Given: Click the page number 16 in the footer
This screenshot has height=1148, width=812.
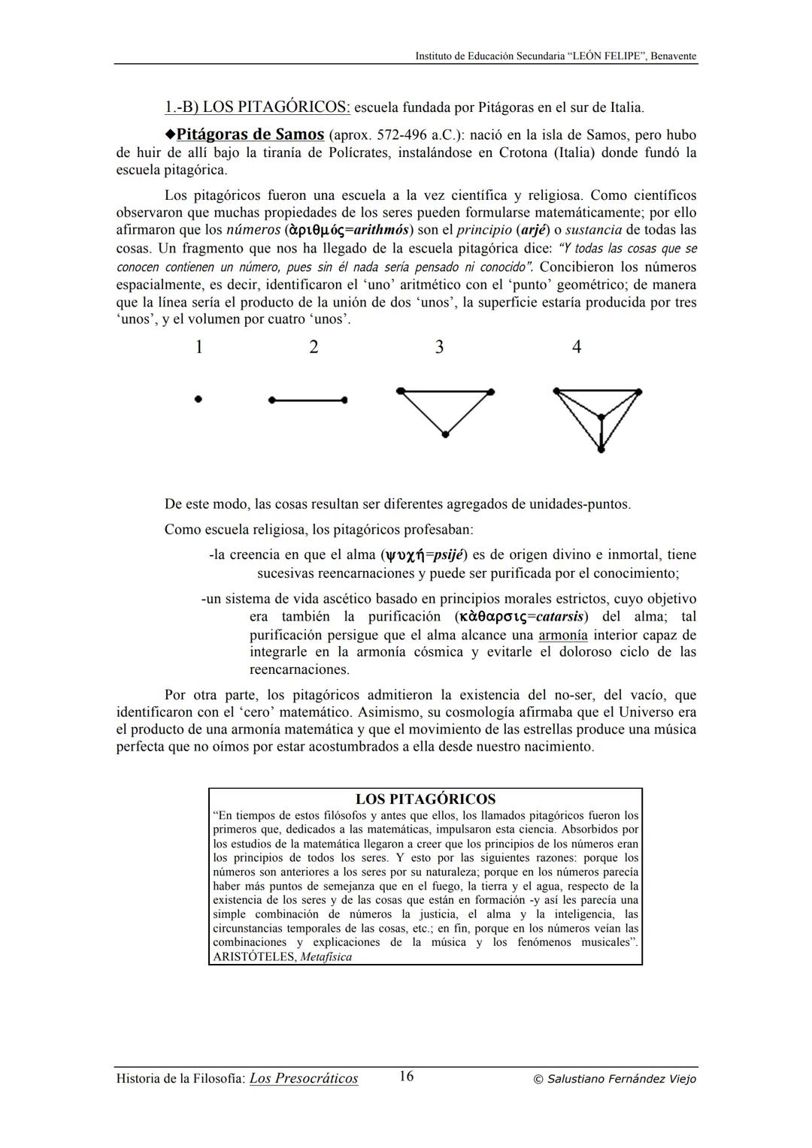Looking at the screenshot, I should click(x=406, y=1077).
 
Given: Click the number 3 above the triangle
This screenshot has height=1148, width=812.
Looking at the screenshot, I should click(x=439, y=347).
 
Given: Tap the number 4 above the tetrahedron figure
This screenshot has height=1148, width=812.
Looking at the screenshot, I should click(x=576, y=347).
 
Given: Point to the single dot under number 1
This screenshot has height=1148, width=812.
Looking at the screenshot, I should click(x=198, y=400).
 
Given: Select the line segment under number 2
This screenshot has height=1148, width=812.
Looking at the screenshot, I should click(x=307, y=400).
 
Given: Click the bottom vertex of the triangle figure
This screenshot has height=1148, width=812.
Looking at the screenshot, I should click(x=445, y=434).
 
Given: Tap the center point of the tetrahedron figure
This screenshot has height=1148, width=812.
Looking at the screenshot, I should click(x=601, y=416).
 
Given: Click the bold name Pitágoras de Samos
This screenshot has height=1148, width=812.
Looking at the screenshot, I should click(x=250, y=134).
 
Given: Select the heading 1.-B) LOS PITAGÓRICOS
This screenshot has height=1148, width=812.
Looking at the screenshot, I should click(x=257, y=107).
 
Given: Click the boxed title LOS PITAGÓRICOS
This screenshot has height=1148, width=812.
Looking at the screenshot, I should click(x=425, y=799).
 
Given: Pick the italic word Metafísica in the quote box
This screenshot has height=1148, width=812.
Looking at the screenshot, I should click(x=326, y=957).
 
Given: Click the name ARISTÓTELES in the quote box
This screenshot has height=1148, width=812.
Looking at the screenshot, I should click(x=254, y=957).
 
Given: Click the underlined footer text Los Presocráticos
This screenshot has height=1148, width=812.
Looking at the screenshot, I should click(x=304, y=1079).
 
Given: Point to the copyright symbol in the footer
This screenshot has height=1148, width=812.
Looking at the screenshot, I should click(x=538, y=1080).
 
